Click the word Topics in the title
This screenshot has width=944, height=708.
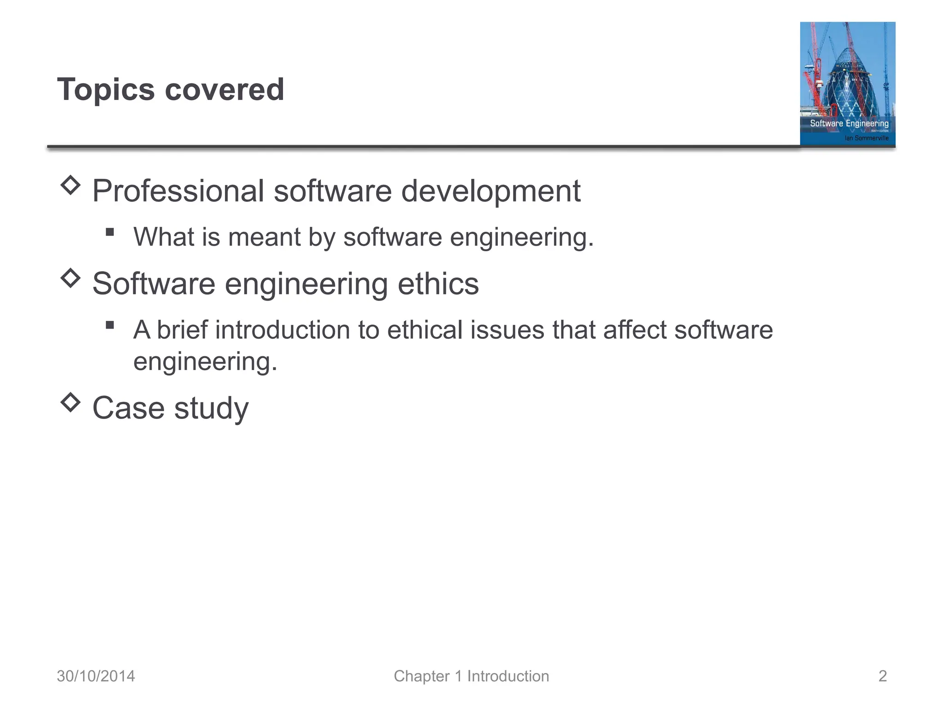(x=106, y=89)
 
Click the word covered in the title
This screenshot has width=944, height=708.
(x=224, y=89)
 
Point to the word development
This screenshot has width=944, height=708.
(x=490, y=191)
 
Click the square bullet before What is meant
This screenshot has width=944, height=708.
(x=110, y=232)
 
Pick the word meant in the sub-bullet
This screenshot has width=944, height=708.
(x=265, y=237)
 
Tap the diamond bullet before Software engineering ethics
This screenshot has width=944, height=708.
(x=71, y=278)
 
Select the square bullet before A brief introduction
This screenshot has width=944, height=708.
(x=110, y=325)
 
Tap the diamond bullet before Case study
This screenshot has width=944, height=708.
(x=71, y=402)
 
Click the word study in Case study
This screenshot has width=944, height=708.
(x=211, y=408)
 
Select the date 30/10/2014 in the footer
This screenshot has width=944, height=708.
(x=96, y=676)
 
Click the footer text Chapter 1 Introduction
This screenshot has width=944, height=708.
(x=471, y=676)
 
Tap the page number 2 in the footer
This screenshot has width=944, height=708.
(x=882, y=676)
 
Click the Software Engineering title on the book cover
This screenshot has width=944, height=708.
(x=849, y=123)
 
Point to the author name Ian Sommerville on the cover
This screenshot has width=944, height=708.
(x=866, y=138)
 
